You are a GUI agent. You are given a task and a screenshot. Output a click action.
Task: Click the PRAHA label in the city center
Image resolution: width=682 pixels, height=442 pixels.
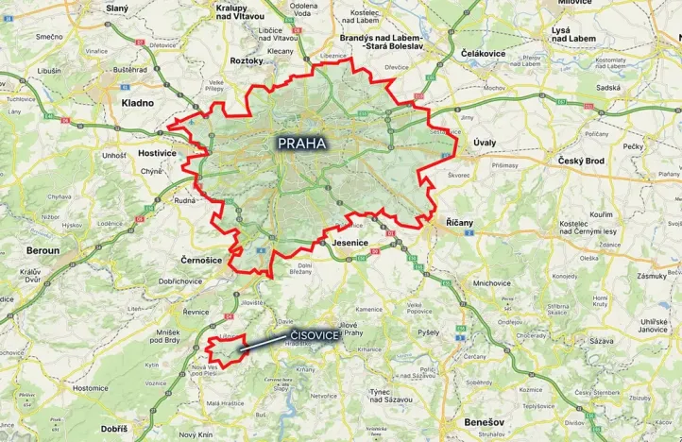pyautogui.click(x=301, y=144)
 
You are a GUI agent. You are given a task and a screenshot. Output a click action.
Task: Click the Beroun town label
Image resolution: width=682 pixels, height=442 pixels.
pyautogui.click(x=42, y=251)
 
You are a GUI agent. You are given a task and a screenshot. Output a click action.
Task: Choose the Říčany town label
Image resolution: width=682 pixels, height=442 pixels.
pyautogui.click(x=459, y=222)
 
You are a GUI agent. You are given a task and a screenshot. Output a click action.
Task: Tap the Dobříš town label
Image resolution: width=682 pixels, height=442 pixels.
pyautogui.click(x=113, y=429)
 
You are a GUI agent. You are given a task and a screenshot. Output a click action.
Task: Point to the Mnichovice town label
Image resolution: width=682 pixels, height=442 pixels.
pyautogui.click(x=492, y=282)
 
